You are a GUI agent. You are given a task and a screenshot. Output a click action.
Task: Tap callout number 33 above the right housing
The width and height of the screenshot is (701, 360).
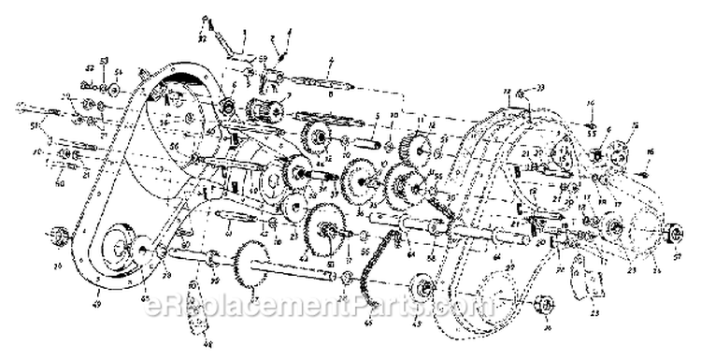click(x=539, y=87)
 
